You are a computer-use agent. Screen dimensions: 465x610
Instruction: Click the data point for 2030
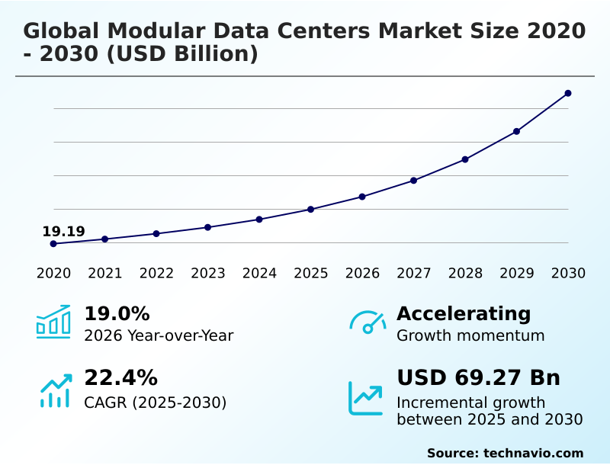[x=568, y=93]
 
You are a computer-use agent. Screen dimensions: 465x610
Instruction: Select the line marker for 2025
[x=310, y=209]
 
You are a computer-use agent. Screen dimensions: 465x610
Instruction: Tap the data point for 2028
[x=465, y=159]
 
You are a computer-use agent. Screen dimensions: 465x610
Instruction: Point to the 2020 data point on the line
[x=53, y=244]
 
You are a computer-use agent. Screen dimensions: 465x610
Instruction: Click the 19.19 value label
[x=63, y=232]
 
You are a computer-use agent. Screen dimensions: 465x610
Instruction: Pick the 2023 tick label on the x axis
[x=207, y=274]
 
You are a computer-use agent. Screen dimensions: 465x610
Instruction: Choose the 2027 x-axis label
[x=413, y=274]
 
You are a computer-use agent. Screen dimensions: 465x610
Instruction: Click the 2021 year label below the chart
[x=104, y=274]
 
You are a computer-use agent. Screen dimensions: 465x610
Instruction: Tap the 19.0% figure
[x=117, y=314]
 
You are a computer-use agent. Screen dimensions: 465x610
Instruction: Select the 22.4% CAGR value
[x=120, y=378]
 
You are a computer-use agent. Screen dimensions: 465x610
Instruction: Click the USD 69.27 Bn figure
[x=478, y=378]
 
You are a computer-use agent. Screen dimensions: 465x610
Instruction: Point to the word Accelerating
[x=464, y=314]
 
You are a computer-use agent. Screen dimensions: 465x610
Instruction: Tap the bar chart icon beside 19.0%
[x=53, y=322]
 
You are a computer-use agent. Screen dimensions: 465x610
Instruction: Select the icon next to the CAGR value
[x=55, y=390]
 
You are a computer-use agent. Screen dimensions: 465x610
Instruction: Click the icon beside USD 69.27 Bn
[x=366, y=398]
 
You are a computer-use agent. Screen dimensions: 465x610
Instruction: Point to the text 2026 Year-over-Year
[x=159, y=336]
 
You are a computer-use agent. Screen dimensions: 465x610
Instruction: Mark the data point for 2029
[x=516, y=131]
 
